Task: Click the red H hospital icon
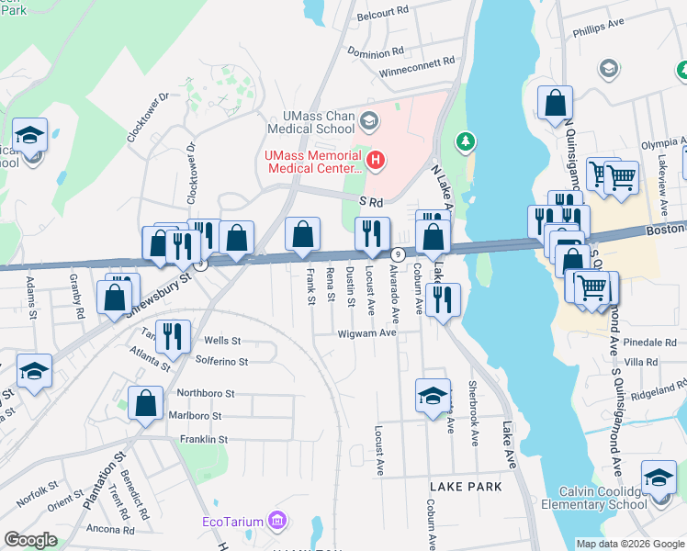coord(375,161)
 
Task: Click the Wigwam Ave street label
coord(366,333)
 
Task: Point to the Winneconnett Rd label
coord(418,61)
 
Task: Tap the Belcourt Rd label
coord(382,11)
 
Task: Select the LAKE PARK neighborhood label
coord(466,486)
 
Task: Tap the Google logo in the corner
coord(30,540)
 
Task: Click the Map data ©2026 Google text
coord(629,544)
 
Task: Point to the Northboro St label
coord(205,393)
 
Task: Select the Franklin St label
coord(204,440)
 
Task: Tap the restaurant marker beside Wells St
coord(173,337)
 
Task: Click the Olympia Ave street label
coord(659,145)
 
